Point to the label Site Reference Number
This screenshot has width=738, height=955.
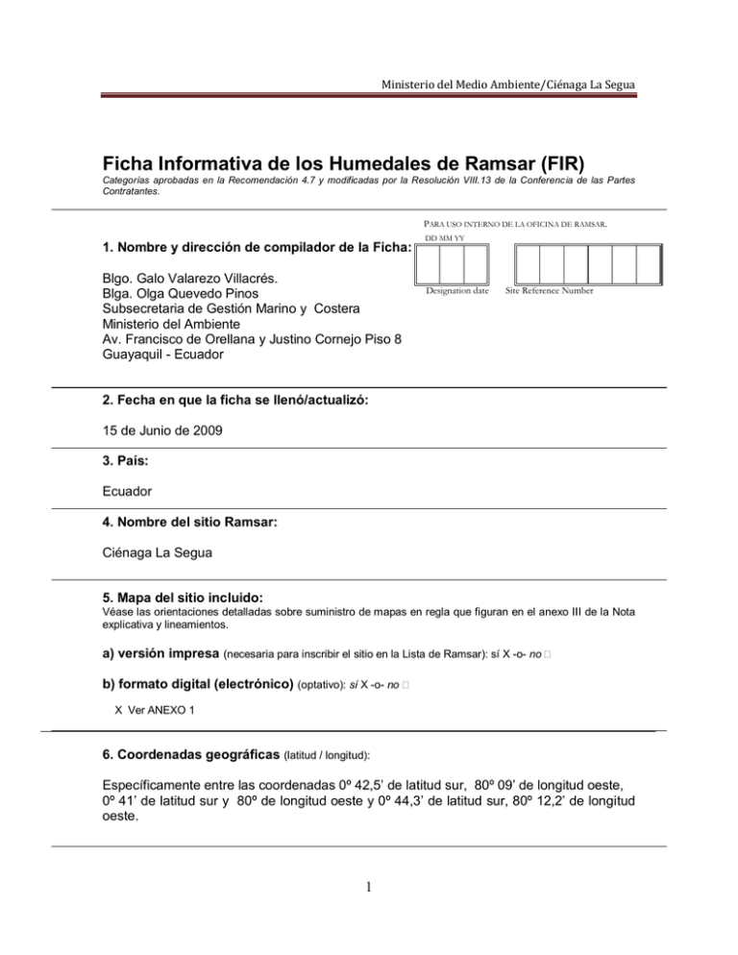tap(553, 289)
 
